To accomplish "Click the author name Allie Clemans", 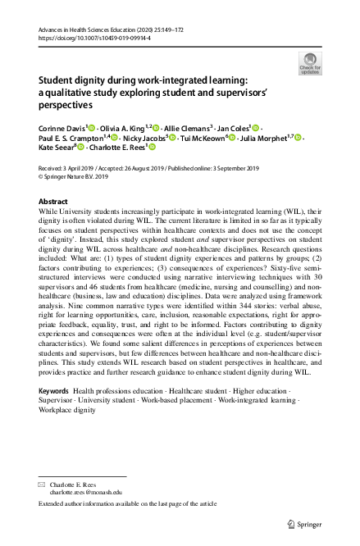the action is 186,128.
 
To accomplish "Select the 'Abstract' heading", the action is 53,201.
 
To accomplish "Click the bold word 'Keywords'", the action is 54,392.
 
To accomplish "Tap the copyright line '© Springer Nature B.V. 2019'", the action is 80,175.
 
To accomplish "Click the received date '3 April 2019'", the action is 78,166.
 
